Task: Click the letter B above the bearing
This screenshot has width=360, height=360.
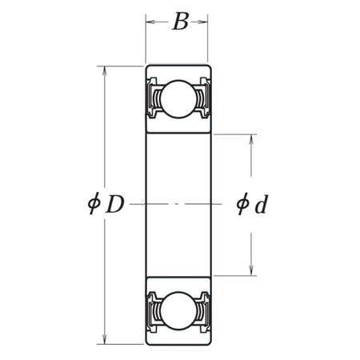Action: (180, 22)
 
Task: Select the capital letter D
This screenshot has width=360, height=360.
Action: (114, 206)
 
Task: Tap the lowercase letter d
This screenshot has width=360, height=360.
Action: (260, 206)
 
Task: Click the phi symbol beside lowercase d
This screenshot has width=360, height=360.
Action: (241, 206)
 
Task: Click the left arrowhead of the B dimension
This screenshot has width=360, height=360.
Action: (150, 22)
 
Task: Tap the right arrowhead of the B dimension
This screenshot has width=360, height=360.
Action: (205, 22)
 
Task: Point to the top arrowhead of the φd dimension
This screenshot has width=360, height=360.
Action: (253, 139)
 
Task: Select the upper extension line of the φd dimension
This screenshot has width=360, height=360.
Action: (236, 134)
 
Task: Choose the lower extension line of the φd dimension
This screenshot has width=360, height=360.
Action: (236, 276)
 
